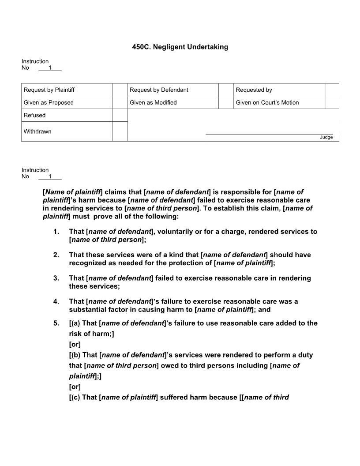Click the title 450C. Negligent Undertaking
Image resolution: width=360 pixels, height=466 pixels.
click(x=180, y=47)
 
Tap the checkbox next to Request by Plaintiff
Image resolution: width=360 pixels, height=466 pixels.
click(x=120, y=90)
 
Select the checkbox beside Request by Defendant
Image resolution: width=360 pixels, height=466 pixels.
click(x=225, y=90)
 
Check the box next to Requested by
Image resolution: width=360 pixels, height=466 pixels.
click(x=332, y=90)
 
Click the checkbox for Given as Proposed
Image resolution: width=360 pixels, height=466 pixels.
click(x=120, y=102)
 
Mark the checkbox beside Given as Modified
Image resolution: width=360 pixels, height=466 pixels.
click(x=225, y=102)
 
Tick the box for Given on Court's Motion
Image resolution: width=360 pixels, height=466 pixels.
click(x=332, y=102)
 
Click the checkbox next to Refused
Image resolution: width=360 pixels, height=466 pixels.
click(x=120, y=115)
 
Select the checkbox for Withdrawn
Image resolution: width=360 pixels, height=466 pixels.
click(x=120, y=132)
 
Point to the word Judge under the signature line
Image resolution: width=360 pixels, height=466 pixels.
click(x=326, y=137)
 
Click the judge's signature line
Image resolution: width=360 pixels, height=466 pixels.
click(x=269, y=134)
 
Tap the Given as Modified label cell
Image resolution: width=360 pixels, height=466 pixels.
click(x=173, y=102)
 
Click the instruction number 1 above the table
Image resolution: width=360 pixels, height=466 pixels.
click(x=50, y=68)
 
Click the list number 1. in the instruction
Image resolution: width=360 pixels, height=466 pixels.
click(x=56, y=232)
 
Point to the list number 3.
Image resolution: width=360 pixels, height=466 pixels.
click(x=56, y=278)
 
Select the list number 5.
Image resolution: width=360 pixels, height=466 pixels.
click(x=56, y=323)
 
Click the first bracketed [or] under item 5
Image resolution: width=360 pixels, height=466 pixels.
click(x=75, y=344)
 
